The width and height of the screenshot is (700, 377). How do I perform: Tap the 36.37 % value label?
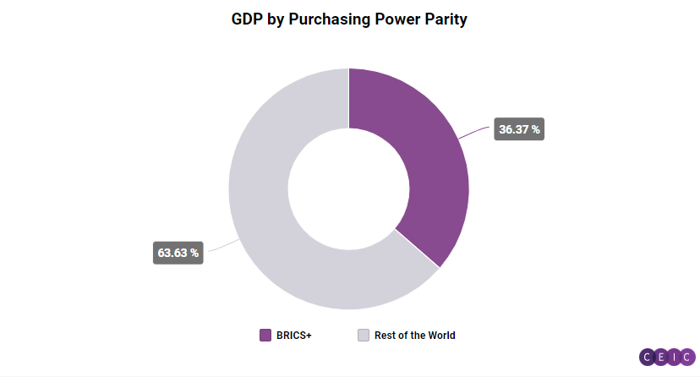click(x=519, y=129)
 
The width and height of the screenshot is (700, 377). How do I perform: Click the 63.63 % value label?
click(x=178, y=252)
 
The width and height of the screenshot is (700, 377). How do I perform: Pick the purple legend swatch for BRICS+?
click(x=265, y=336)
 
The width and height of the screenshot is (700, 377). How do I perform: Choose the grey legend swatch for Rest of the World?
click(x=364, y=336)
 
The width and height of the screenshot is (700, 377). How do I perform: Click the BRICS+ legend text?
click(x=293, y=336)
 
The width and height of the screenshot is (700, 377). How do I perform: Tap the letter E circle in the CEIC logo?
click(x=662, y=357)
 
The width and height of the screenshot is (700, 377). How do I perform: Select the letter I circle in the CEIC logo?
click(x=675, y=357)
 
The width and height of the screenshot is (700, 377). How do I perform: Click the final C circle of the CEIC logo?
click(x=687, y=357)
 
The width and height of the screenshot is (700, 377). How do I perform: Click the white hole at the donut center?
click(x=348, y=188)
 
